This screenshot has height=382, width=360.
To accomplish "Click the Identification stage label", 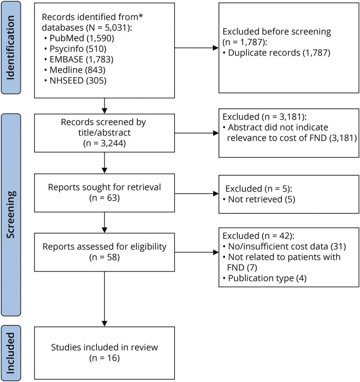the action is pyautogui.click(x=11, y=48).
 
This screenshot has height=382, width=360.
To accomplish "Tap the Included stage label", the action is pyautogui.click(x=11, y=353).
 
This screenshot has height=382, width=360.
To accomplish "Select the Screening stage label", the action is pyautogui.click(x=11, y=215).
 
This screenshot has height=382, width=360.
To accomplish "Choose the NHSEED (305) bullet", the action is pyautogui.click(x=76, y=81).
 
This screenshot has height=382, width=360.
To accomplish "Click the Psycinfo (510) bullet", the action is pyautogui.click(x=76, y=49).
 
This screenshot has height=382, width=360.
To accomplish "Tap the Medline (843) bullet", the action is pyautogui.click(x=75, y=70).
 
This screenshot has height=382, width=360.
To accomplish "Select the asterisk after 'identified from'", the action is pyautogui.click(x=141, y=16).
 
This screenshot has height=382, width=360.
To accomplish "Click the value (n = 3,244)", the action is pyautogui.click(x=104, y=143).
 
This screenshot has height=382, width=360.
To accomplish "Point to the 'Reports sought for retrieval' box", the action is pyautogui.click(x=104, y=193).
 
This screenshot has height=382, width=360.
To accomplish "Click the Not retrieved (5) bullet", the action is pyautogui.click(x=259, y=199).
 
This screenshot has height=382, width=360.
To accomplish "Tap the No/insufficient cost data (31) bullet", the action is pyautogui.click(x=284, y=247).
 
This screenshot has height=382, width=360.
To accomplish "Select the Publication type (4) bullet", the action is pyautogui.click(x=265, y=278).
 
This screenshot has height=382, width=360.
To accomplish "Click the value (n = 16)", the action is pyautogui.click(x=104, y=358).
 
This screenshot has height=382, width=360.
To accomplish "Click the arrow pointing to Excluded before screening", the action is pyautogui.click(x=196, y=48).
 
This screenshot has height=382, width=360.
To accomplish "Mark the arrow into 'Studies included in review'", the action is pyautogui.click(x=104, y=299).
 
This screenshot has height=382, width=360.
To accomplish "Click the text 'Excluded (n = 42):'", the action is pyautogui.click(x=258, y=236).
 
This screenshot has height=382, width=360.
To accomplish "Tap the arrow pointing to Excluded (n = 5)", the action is pyautogui.click(x=196, y=193).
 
